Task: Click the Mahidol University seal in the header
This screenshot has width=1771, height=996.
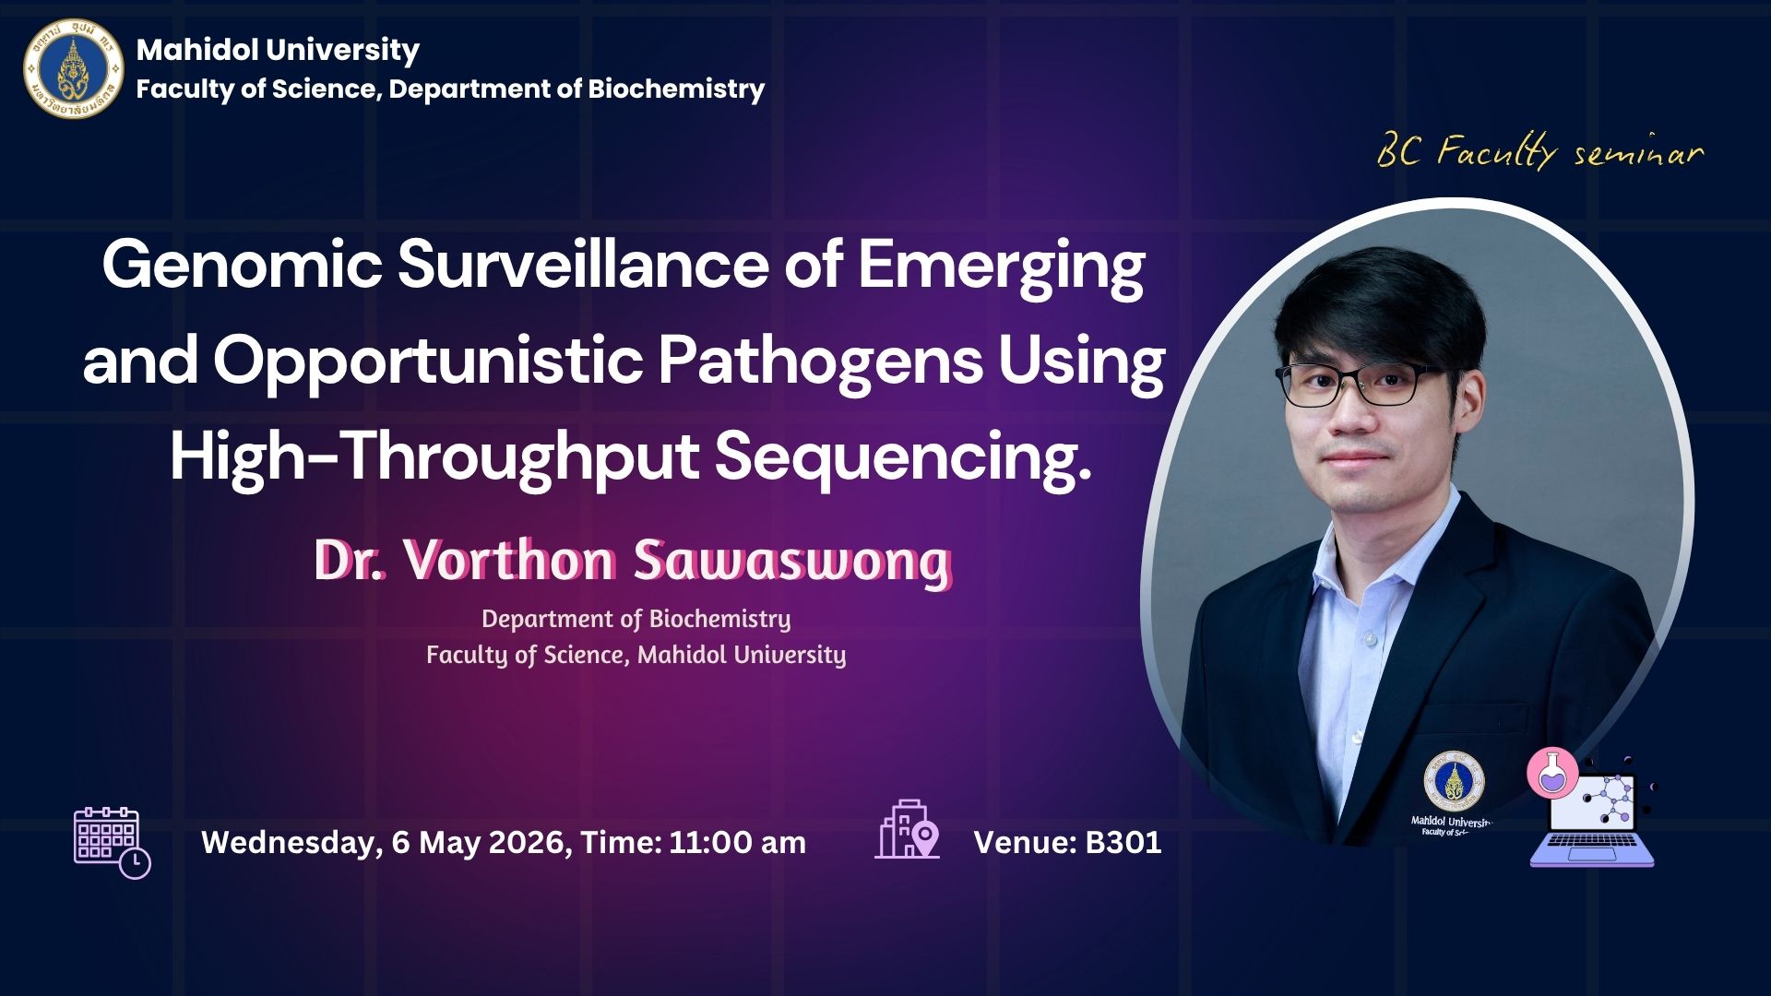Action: click(73, 69)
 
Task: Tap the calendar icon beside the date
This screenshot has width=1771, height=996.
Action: click(112, 842)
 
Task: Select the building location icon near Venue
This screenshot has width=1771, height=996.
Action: click(907, 829)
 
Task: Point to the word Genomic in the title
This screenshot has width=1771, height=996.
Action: click(242, 266)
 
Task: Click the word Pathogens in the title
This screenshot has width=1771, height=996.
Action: click(820, 362)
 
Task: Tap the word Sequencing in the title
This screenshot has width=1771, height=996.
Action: click(904, 458)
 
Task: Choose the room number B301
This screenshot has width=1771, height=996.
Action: click(1123, 842)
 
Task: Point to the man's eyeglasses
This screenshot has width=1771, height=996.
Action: click(1357, 384)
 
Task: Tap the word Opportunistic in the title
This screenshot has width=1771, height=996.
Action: click(428, 362)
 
